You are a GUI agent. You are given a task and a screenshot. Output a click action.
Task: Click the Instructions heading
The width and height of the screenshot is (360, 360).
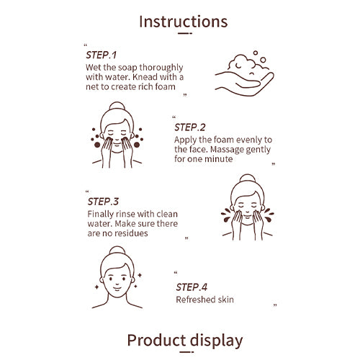coord(184,22)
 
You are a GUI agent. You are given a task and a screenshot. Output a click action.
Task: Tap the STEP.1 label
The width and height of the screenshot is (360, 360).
coord(102,55)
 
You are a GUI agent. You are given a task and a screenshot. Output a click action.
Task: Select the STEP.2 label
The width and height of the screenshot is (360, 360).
coord(190,127)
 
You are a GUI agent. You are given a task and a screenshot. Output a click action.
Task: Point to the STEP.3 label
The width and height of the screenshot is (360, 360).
coord(103,202)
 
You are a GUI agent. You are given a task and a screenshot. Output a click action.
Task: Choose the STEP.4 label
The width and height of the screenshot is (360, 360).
coord(192,287)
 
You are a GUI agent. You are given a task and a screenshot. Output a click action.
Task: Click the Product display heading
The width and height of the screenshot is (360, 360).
coord(185,341)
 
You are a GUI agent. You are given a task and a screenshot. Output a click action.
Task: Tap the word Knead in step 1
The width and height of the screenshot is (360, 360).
coord(145,77)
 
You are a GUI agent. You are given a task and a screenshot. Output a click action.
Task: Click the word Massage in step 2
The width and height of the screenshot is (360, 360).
coord(227,149)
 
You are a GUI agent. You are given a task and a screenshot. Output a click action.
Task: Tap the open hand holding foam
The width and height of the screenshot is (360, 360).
coord(244,84)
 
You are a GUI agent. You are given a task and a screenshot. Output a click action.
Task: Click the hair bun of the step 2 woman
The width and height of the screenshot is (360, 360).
coord(117,106)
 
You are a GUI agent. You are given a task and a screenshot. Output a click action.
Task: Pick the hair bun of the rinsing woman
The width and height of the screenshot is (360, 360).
coord(248,179)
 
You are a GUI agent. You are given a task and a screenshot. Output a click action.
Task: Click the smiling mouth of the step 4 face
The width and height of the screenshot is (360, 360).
coord(117,288)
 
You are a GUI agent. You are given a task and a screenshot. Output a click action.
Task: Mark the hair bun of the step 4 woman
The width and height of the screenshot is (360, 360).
coord(117,251)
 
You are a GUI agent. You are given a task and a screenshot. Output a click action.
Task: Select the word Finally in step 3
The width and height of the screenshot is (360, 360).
coord(101,215)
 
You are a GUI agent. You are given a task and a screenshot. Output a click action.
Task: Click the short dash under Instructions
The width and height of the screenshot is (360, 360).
coord(185,33)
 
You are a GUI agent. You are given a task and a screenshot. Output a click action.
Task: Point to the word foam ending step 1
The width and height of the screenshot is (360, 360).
coord(165,86)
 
